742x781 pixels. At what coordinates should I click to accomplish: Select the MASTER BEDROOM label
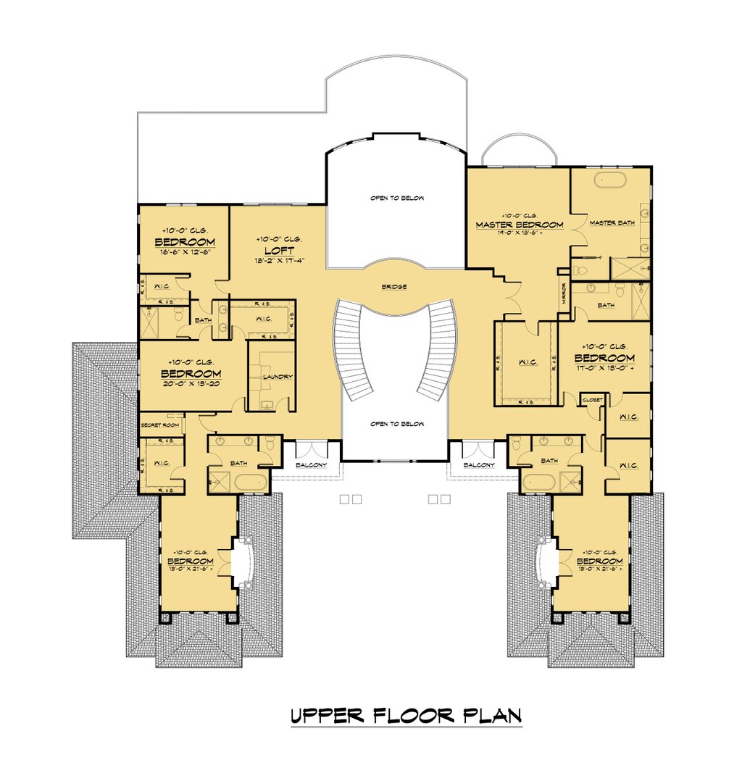point(519,225)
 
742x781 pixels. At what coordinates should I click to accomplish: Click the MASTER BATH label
point(612,222)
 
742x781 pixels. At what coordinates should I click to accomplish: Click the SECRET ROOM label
point(160,425)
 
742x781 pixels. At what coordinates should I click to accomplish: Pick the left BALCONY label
point(312,465)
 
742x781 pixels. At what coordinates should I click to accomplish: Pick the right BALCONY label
point(479,465)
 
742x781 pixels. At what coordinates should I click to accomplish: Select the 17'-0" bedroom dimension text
point(604,368)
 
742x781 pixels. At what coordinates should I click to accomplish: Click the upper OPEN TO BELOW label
point(396,198)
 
